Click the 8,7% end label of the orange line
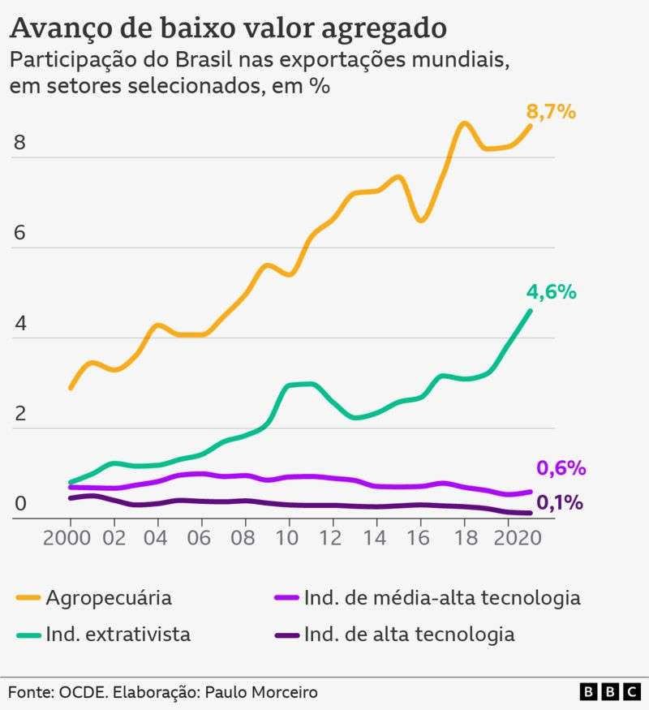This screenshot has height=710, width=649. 551,112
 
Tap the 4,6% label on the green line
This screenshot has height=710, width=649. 551,292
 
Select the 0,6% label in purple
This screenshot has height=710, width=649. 561,468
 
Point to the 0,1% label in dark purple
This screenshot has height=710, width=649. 560,503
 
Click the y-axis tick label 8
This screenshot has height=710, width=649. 20,143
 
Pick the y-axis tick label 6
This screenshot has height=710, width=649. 20,233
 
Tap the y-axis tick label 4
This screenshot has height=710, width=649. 20,324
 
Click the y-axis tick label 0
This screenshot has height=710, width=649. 20,504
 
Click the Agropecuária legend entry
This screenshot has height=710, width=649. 109,599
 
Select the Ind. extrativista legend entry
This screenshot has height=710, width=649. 118,634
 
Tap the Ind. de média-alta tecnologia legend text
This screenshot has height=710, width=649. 442,599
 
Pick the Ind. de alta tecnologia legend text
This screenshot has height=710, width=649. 409,634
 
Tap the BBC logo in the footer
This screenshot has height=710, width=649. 609,691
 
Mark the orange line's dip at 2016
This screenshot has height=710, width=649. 421,220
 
